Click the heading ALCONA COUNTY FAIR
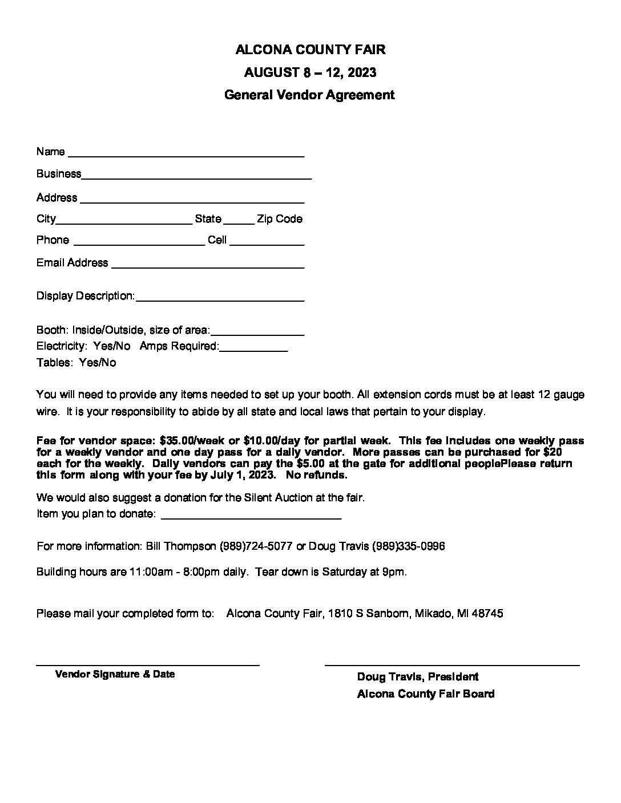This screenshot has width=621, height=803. coord(310,50)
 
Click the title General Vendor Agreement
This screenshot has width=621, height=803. coord(309,95)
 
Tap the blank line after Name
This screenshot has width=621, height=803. coord(186,154)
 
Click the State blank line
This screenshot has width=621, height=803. coord(239,222)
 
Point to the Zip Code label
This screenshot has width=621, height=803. coord(280,219)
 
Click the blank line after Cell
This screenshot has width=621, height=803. coord(267,244)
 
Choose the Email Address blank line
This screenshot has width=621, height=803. coord(208,266)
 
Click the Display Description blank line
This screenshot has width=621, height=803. coord(220,299)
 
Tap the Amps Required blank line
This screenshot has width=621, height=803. coord(253,350)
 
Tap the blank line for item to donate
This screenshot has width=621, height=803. coord(251,517)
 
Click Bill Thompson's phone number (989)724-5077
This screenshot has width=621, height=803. coord(256,546)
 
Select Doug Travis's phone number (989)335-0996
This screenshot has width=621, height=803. coord(408,546)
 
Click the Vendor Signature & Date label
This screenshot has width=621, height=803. coord(115,674)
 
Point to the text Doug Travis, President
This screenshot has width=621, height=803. coord(417,677)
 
